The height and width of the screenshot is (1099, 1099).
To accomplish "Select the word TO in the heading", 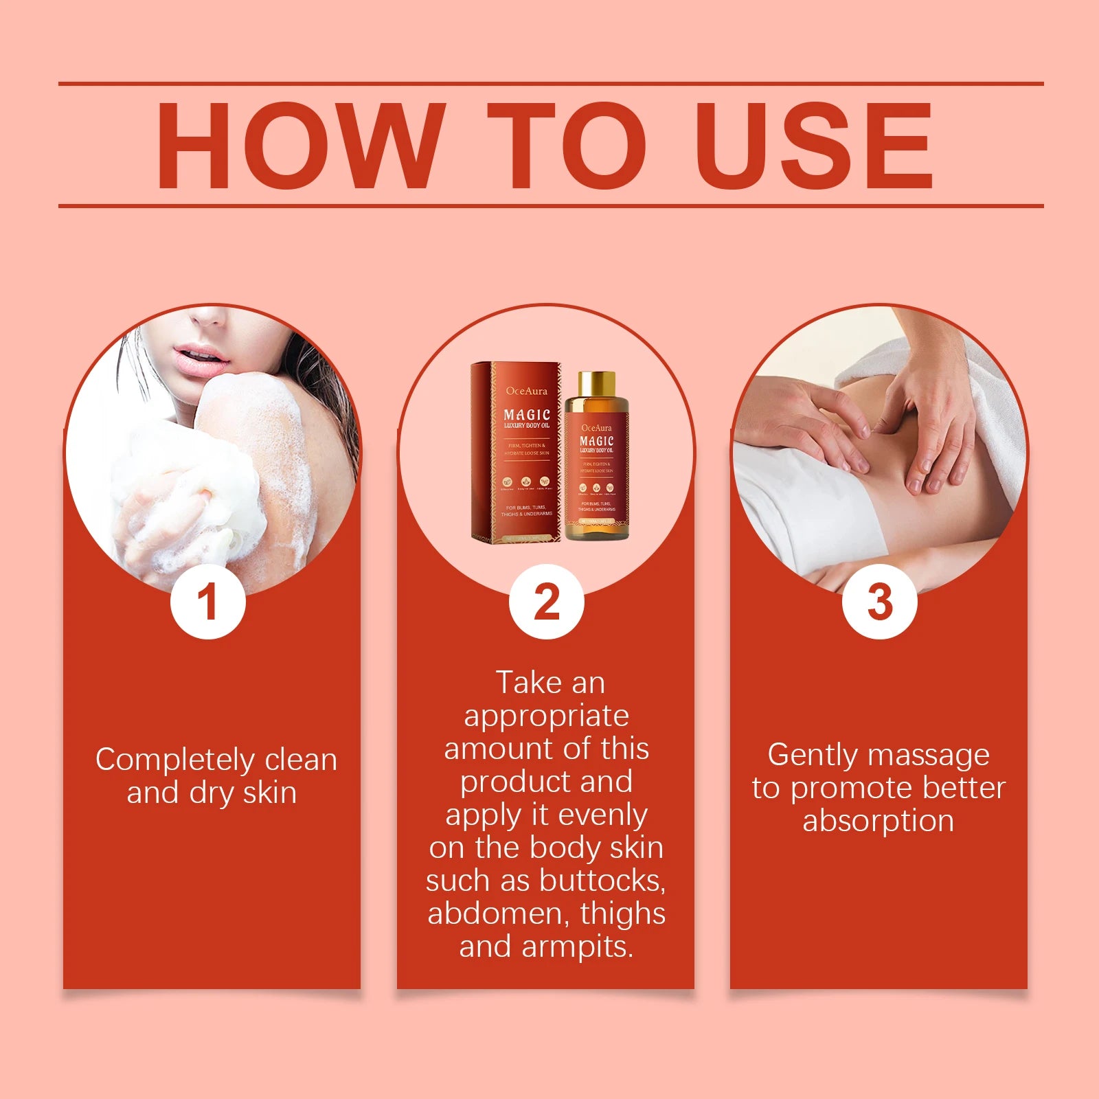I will pyautogui.click(x=566, y=146).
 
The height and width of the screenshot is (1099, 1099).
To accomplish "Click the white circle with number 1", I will pyautogui.click(x=208, y=602).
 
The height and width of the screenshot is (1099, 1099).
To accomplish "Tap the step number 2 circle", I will pyautogui.click(x=546, y=602).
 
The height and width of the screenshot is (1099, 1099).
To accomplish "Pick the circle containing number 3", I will pyautogui.click(x=879, y=602).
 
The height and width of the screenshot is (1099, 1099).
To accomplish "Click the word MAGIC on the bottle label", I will pyautogui.click(x=596, y=441).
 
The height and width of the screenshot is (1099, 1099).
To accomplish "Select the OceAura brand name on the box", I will pyautogui.click(x=527, y=392).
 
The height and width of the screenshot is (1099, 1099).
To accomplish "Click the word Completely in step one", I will pyautogui.click(x=174, y=760).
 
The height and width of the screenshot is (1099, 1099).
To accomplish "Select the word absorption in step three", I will pyautogui.click(x=879, y=821).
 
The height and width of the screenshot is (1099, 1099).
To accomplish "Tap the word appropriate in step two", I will pyautogui.click(x=547, y=716).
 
